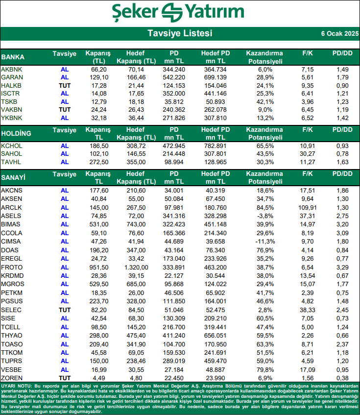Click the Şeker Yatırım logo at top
pyautogui.click(x=178, y=12)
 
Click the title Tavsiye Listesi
pyautogui.click(x=180, y=33)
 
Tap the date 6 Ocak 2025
pyautogui.click(x=339, y=34)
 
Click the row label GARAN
pyautogui.click(x=12, y=77)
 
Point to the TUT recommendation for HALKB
pyautogui.click(x=64, y=85)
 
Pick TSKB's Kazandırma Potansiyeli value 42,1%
pyautogui.click(x=264, y=101)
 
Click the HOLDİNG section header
pyautogui.click(x=16, y=133)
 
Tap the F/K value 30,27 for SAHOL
pyautogui.click(x=308, y=154)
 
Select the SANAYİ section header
pyautogui.click(x=14, y=177)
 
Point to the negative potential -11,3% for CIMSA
pyautogui.click(x=264, y=242)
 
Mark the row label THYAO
pyautogui.click(x=12, y=336)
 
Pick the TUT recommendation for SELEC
pyautogui.click(x=64, y=310)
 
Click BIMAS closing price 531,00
pyautogui.click(x=98, y=224)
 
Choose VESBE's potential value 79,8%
pyautogui.click(x=264, y=370)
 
